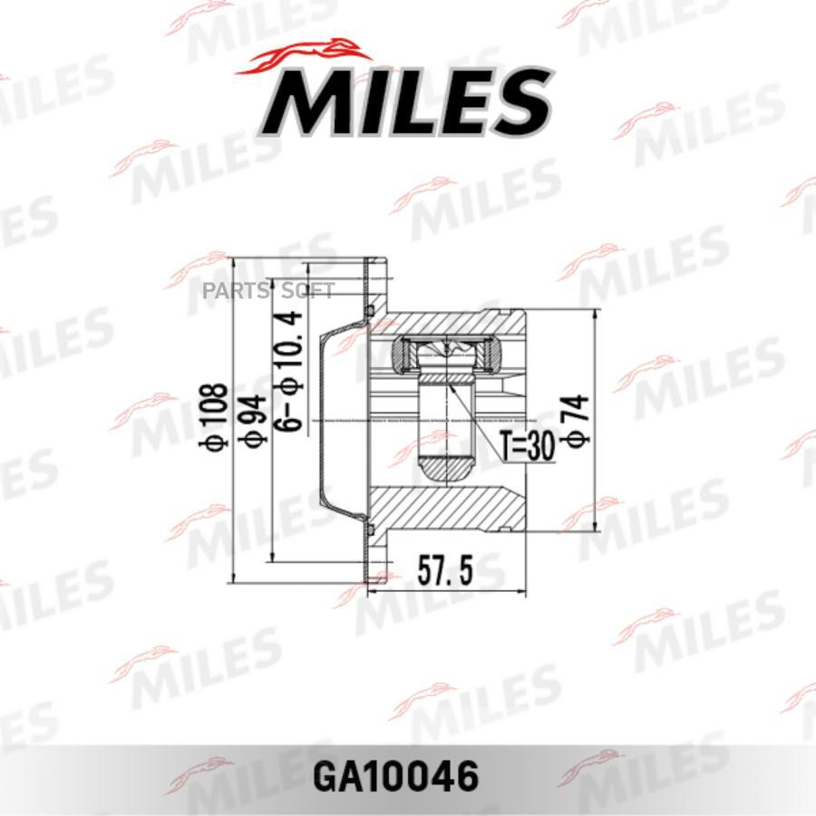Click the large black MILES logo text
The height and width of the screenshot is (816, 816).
coord(406,103)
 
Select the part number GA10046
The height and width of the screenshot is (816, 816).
coord(396,777)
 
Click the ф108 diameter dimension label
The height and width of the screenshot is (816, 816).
coord(213,417)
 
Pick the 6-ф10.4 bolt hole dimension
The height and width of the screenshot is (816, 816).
coord(289,370)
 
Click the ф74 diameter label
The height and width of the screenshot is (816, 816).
coord(577,421)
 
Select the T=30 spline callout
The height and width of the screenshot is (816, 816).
coord(526,445)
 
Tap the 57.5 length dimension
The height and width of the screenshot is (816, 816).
coord(445,571)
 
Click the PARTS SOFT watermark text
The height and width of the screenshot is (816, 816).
coord(268,290)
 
